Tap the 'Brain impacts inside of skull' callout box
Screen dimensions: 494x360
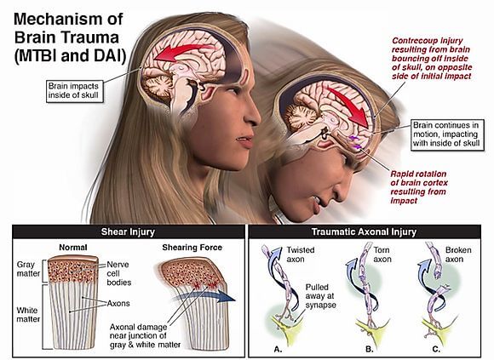click(x=75, y=91)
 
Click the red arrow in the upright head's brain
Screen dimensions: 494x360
click(x=183, y=51)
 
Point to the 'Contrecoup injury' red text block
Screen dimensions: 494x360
click(x=432, y=59)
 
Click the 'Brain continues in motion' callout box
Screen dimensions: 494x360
click(x=447, y=134)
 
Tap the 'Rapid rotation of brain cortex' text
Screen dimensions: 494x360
click(x=418, y=187)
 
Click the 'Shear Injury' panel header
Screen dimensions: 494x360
click(x=129, y=232)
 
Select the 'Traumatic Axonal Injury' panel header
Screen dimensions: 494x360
click(x=365, y=232)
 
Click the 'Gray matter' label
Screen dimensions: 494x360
click(x=28, y=269)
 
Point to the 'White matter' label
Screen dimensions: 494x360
click(x=28, y=315)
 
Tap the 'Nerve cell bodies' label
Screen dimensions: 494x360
click(x=118, y=273)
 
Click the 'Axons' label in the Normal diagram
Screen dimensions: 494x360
click(x=118, y=303)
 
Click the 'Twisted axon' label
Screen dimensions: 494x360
click(x=301, y=254)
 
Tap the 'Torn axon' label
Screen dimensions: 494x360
click(x=382, y=254)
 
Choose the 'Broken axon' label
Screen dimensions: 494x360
click(x=458, y=254)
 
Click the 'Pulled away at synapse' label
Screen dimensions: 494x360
click(x=320, y=296)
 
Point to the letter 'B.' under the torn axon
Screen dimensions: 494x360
click(x=370, y=349)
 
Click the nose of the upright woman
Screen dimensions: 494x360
click(x=253, y=117)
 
